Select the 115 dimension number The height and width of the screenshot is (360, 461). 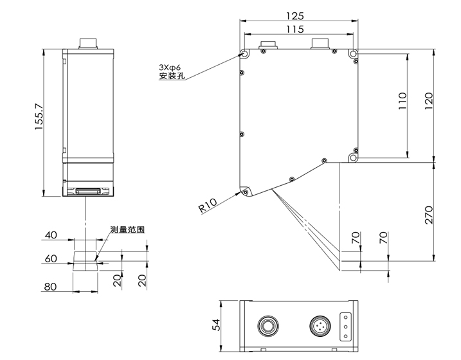pos(296,30)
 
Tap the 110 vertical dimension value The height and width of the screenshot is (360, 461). pos(402,103)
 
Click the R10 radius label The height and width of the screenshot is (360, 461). pos(208,205)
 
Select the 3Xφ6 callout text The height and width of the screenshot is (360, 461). pos(170,67)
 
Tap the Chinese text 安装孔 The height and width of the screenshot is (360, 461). pos(171,77)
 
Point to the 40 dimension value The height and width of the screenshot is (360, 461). pos(51,235)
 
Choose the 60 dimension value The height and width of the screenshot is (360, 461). pos(51,258)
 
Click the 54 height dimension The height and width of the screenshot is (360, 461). pos(217,325)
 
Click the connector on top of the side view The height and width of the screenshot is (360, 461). pos(88,44)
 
